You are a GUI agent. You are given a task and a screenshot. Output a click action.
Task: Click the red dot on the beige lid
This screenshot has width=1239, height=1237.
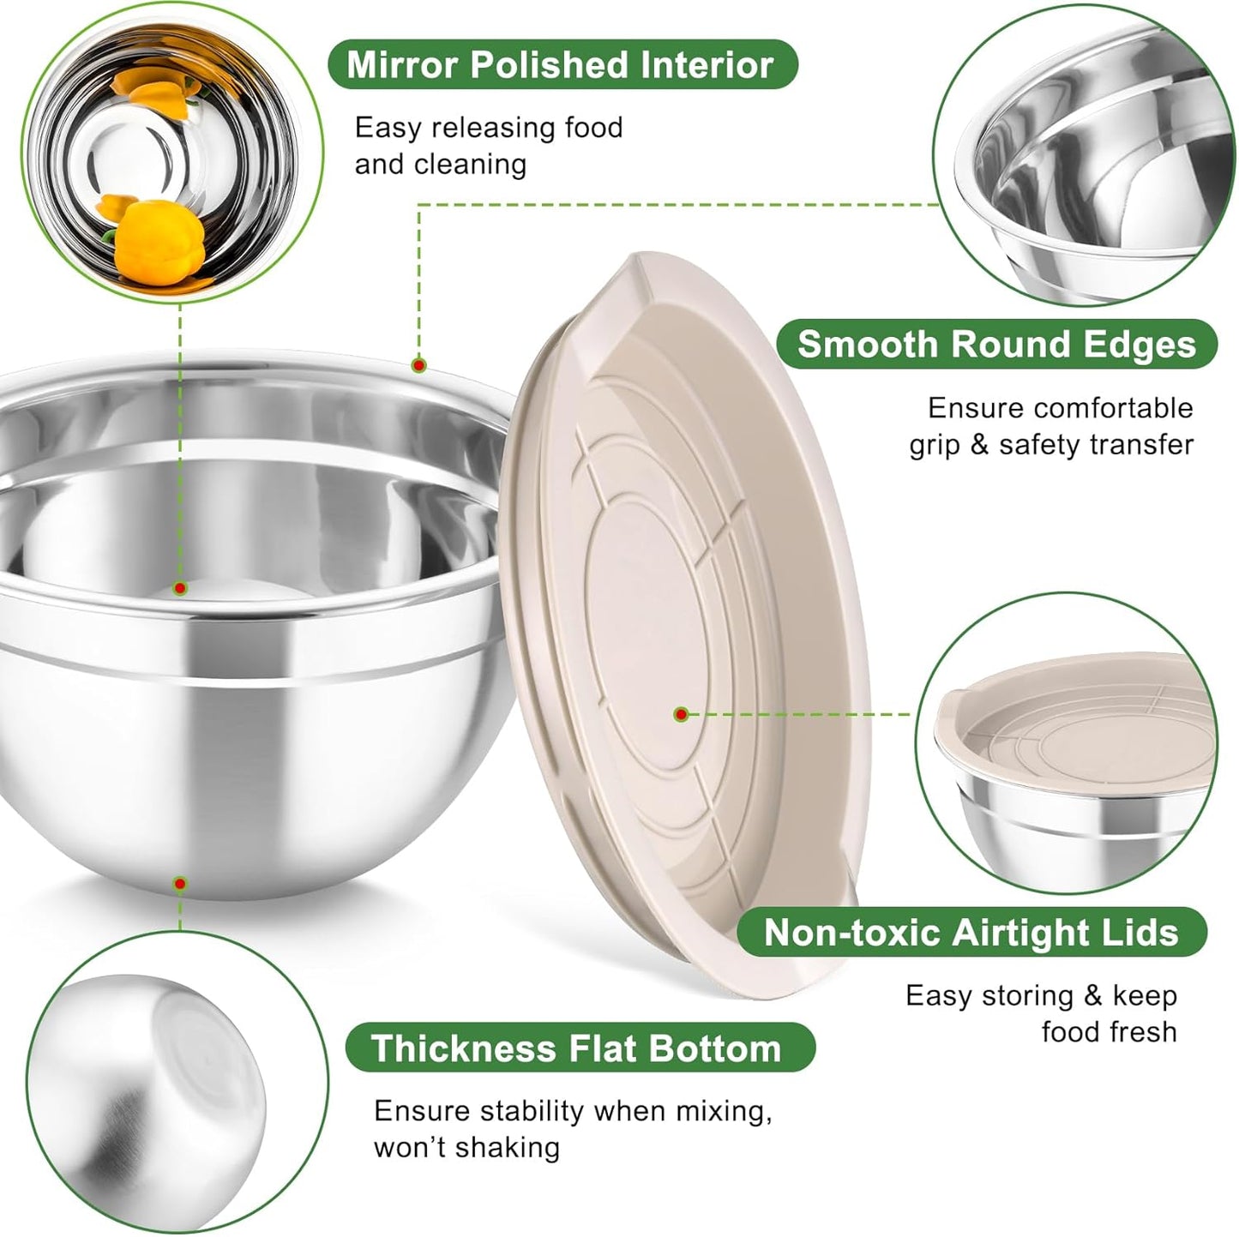[x=681, y=713]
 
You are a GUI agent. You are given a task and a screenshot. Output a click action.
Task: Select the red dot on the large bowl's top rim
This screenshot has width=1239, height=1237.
[x=418, y=365]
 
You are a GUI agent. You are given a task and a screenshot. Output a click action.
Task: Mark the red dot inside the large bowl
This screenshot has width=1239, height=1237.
[x=180, y=588]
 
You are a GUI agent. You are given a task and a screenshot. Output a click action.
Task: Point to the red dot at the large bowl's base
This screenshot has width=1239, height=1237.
[x=180, y=883]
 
